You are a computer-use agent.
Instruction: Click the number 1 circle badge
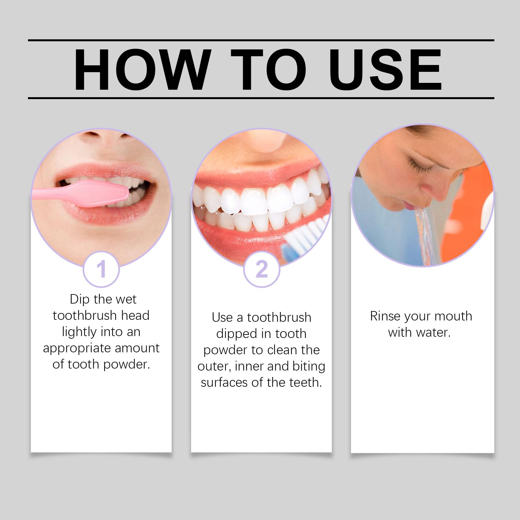point(101,269)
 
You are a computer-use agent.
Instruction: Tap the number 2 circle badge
point(262,269)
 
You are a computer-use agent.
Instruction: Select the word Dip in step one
point(80,299)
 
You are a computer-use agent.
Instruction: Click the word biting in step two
point(308,367)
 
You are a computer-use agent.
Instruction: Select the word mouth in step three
point(453,316)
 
